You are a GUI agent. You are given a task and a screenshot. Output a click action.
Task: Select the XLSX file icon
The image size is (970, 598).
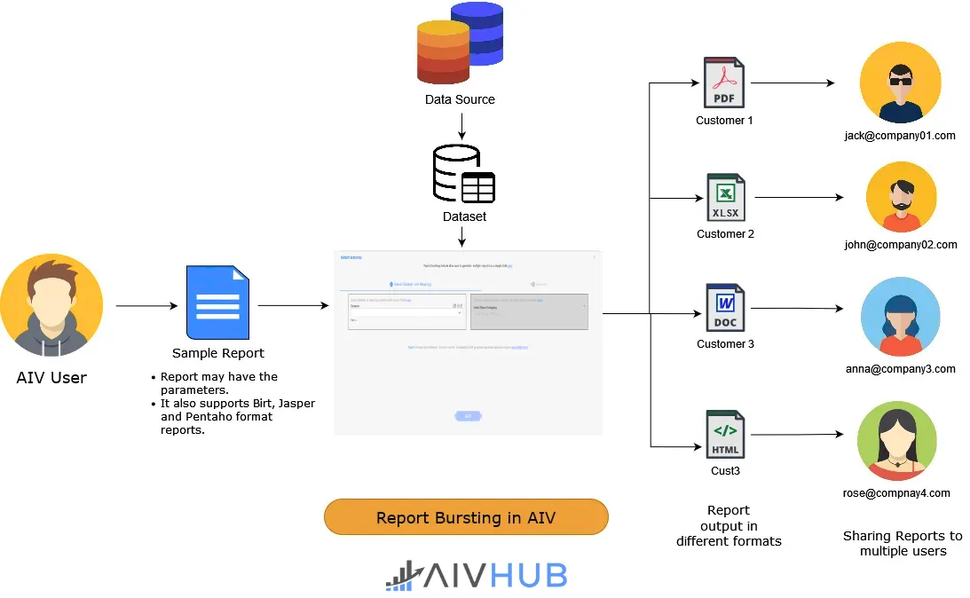tap(725, 197)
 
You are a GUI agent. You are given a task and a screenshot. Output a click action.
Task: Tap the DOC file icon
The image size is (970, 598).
tap(725, 308)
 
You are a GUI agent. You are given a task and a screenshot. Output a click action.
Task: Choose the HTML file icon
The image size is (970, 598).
tap(725, 434)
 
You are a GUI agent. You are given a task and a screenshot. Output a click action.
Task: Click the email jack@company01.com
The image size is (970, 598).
tap(900, 136)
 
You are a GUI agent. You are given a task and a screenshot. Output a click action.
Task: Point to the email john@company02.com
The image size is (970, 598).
tap(901, 245)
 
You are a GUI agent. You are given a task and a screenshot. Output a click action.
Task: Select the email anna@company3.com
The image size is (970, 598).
tap(901, 369)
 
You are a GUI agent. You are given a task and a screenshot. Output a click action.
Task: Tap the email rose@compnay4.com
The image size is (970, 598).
tap(896, 493)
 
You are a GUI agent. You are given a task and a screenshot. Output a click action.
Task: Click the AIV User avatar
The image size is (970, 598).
tap(51, 305)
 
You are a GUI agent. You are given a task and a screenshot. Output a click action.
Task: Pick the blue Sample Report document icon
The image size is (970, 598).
tap(217, 302)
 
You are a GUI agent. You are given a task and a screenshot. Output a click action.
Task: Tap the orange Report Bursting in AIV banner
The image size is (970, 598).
tap(466, 517)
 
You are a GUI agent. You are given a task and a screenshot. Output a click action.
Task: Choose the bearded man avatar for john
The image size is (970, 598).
tap(901, 197)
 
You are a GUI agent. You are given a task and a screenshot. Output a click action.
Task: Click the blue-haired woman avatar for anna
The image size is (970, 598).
tap(899, 318)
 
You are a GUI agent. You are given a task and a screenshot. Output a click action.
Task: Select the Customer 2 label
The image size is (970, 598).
tap(725, 234)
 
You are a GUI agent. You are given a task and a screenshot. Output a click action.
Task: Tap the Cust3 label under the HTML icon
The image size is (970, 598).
tap(725, 471)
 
